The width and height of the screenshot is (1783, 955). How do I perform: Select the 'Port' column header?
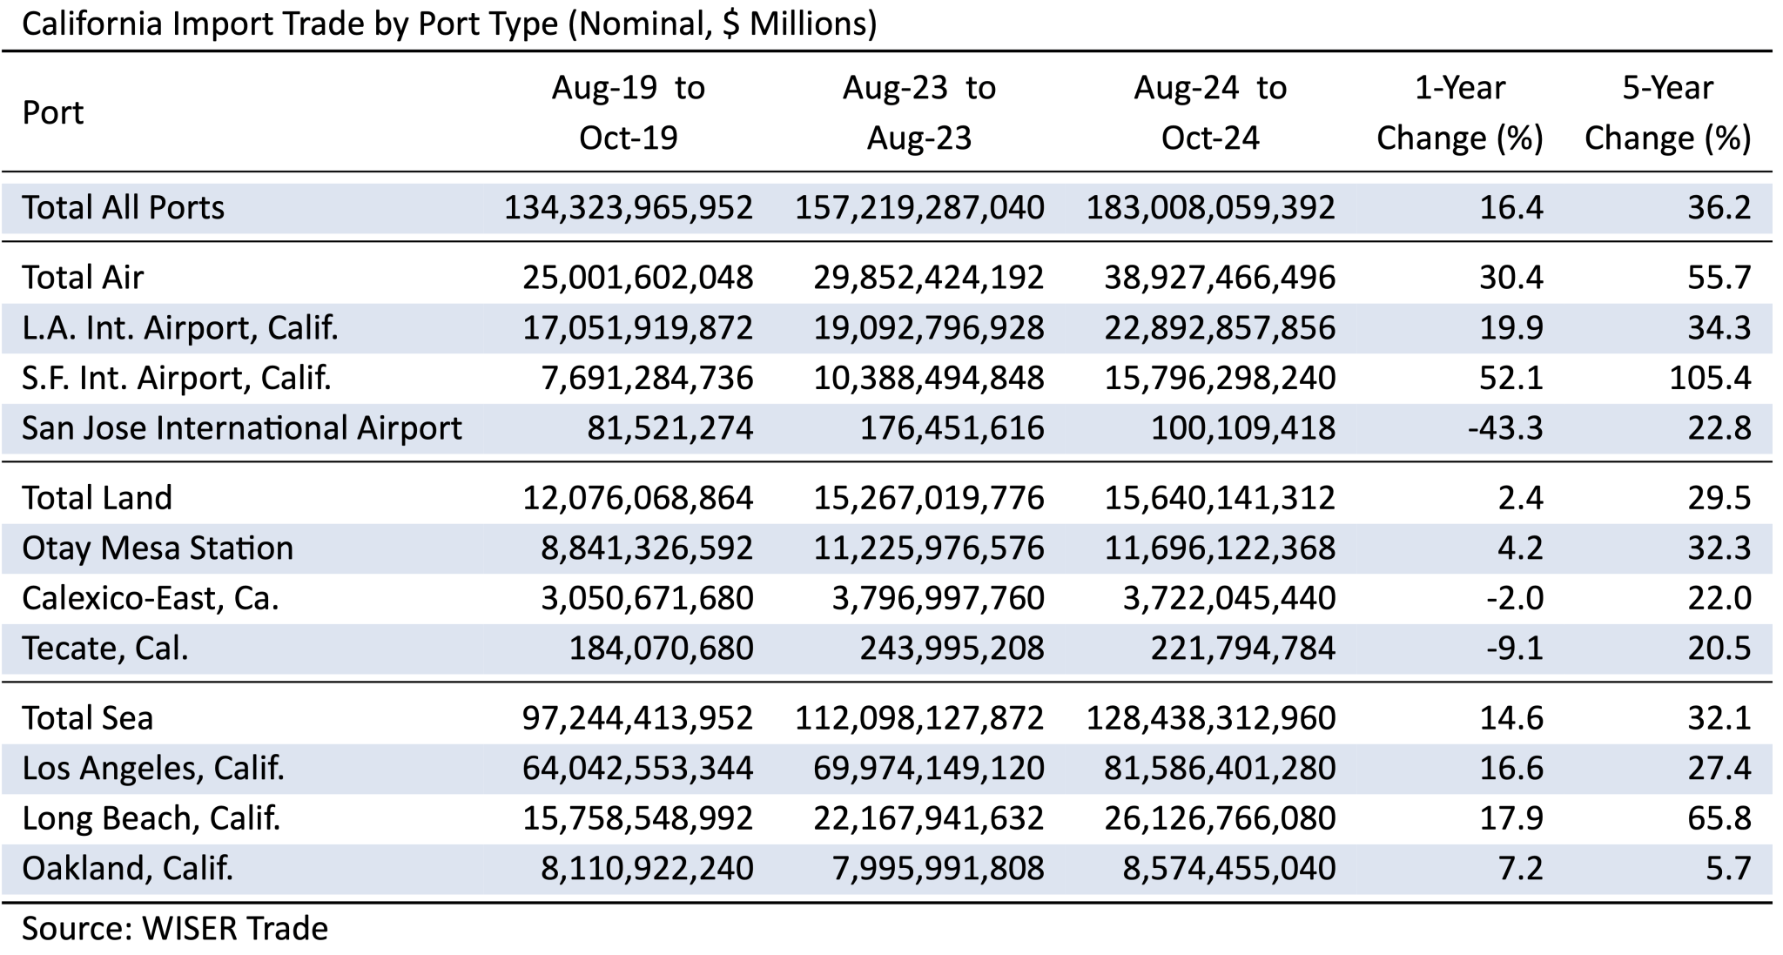pyautogui.click(x=53, y=112)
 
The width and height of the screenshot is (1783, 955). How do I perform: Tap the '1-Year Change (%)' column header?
pyautogui.click(x=1459, y=112)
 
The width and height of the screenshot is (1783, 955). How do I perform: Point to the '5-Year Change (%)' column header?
pyautogui.click(x=1667, y=112)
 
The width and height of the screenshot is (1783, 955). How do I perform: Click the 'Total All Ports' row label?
pyautogui.click(x=123, y=207)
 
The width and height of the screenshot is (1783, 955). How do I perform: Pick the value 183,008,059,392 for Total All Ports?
pyautogui.click(x=1210, y=207)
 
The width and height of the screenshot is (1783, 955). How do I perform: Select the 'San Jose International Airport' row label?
pyautogui.click(x=241, y=428)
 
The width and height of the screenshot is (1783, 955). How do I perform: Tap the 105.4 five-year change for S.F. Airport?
pyautogui.click(x=1710, y=378)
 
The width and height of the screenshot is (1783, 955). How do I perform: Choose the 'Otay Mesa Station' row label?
pyautogui.click(x=158, y=548)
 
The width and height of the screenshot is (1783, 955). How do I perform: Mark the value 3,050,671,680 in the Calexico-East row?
pyautogui.click(x=647, y=598)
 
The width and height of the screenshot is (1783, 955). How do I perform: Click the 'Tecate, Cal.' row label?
pyautogui.click(x=104, y=649)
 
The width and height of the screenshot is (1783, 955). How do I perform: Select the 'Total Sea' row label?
pyautogui.click(x=87, y=718)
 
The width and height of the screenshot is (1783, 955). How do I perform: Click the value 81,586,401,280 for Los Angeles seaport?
pyautogui.click(x=1220, y=768)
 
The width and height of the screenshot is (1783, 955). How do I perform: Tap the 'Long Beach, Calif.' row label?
pyautogui.click(x=151, y=818)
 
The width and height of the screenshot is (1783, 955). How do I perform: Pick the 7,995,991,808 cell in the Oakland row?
pyautogui.click(x=938, y=868)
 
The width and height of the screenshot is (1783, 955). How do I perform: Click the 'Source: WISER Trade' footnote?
pyautogui.click(x=174, y=929)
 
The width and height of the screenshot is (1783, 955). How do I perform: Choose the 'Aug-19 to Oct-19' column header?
pyautogui.click(x=628, y=112)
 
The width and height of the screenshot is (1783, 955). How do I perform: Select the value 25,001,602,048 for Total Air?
pyautogui.click(x=637, y=277)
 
